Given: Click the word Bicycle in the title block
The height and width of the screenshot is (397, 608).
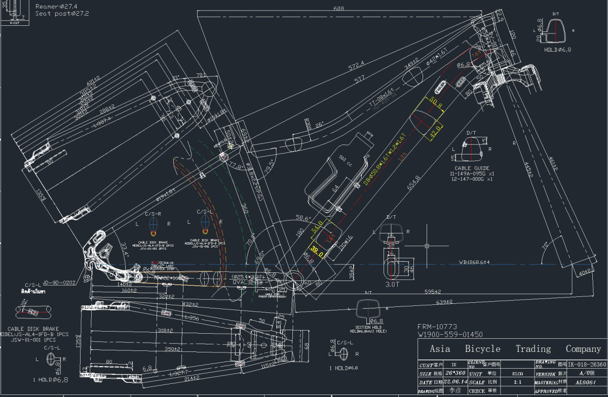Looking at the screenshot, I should (482, 349).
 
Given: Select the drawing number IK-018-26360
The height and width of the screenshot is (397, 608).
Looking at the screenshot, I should (587, 364).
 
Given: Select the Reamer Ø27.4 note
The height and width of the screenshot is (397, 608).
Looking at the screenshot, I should (55, 6).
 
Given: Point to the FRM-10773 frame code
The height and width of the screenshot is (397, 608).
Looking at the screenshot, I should (437, 327).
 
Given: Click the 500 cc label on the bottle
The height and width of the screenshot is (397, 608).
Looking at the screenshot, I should (345, 163).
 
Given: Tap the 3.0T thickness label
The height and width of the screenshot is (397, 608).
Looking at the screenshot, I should (393, 285).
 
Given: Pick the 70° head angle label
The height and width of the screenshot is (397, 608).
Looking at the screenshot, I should (545, 247).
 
